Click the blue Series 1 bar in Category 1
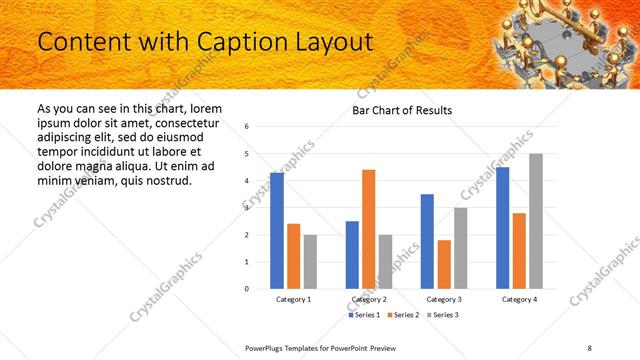coord(277,231)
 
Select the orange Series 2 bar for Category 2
coord(369,229)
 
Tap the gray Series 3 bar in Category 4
coord(536,221)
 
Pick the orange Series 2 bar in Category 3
coord(444,264)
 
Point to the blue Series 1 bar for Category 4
coord(502,228)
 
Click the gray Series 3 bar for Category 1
coord(310,262)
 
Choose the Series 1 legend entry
coord(365,315)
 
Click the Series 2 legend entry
coord(403,315)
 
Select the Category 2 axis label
coord(369,299)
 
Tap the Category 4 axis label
coord(519,299)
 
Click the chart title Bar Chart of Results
coord(402,110)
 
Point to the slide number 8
coord(590,347)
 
